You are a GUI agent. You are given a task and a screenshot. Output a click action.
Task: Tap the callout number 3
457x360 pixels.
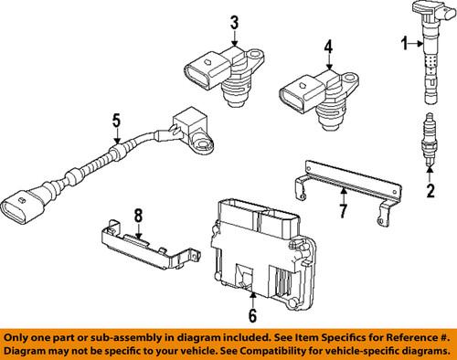click(x=234, y=21)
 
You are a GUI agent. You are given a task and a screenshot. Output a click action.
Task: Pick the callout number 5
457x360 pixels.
click(x=115, y=119)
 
